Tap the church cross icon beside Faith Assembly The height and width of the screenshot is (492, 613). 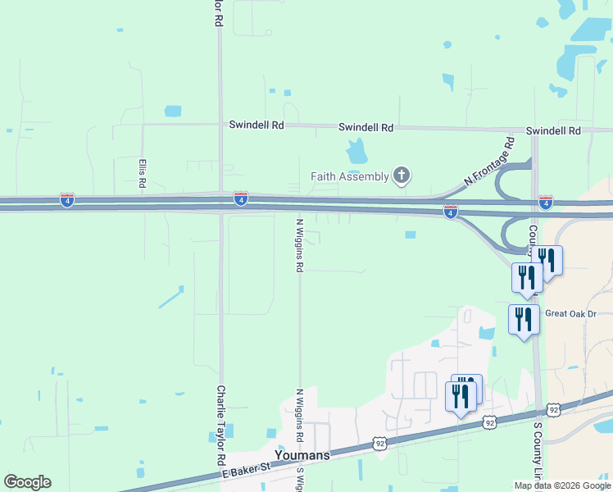tap(401, 174)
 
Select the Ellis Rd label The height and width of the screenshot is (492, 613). tap(142, 174)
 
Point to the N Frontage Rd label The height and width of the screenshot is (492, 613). tap(488, 161)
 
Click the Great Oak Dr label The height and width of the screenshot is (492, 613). tap(570, 313)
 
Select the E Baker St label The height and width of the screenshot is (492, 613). tap(246, 470)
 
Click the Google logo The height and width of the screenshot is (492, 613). tap(27, 482)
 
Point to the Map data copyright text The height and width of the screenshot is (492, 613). tap(562, 485)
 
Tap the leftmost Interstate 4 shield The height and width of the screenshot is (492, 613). tap(67, 200)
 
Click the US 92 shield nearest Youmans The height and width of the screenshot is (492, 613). tap(379, 443)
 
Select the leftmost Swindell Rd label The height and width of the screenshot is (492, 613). tap(256, 125)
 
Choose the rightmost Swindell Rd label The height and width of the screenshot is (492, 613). tap(553, 130)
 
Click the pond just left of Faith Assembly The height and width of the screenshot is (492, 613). tap(356, 151)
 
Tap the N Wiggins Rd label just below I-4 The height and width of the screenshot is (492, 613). tap(300, 244)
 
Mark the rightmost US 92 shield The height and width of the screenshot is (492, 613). tap(554, 409)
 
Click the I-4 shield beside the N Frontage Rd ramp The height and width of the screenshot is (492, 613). tap(450, 212)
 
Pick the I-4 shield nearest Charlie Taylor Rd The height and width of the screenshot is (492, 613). tap(240, 198)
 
